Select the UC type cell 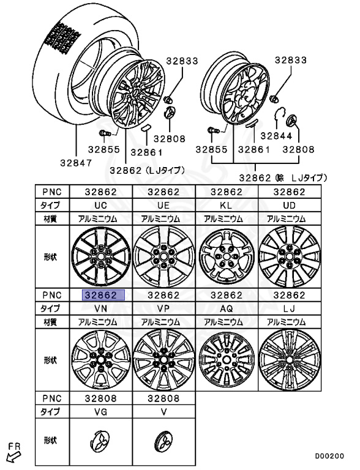101,206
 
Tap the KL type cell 227,206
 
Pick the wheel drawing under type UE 164,257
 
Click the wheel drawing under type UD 290,257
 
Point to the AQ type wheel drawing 227,360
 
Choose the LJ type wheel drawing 290,360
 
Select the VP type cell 164,308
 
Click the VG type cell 101,412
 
